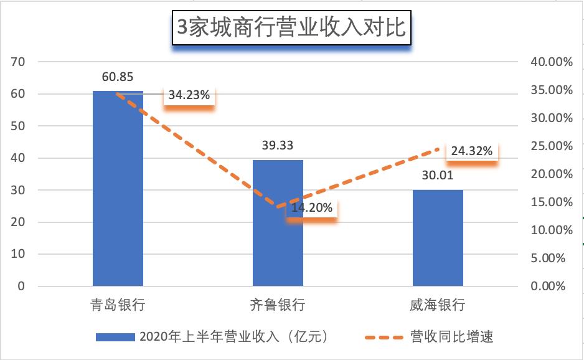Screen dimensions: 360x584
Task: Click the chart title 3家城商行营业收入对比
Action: click(x=291, y=28)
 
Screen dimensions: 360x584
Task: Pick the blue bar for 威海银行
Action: click(x=438, y=238)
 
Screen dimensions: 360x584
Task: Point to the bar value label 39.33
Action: click(x=278, y=146)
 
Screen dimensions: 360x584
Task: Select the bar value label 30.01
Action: click(x=438, y=176)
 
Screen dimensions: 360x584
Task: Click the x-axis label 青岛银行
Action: click(x=118, y=305)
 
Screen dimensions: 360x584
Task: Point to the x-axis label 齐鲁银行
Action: click(x=278, y=305)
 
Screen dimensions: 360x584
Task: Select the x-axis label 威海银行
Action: click(x=438, y=305)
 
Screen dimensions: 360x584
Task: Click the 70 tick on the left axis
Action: click(x=17, y=62)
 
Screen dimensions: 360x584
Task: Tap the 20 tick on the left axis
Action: click(x=17, y=222)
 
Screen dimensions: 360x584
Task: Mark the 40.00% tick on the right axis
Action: click(x=550, y=62)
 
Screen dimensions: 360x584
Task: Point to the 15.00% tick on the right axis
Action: click(x=550, y=202)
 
